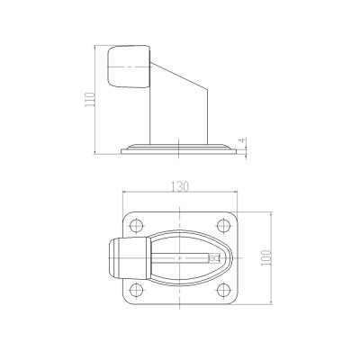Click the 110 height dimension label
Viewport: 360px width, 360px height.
[90, 100]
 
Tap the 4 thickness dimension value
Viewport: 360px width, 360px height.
[243, 140]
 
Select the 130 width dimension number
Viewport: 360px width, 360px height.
[180, 186]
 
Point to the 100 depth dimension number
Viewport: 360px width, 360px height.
[266, 257]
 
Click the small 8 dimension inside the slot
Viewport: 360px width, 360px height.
[214, 257]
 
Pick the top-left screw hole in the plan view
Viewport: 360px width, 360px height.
[137, 225]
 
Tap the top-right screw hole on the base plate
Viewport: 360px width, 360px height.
[223, 225]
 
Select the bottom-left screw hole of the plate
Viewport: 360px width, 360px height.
[137, 290]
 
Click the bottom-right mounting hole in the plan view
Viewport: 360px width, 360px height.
[223, 290]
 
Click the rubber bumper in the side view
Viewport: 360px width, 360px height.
[129, 67]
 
